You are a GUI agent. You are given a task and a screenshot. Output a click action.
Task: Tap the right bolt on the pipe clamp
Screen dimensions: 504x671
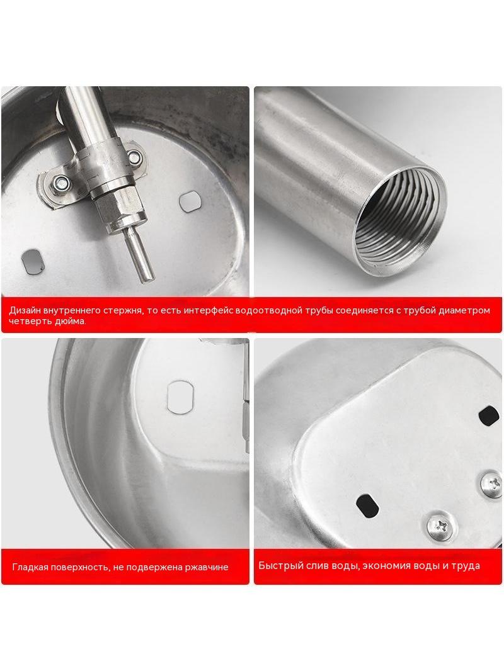pyautogui.click(x=135, y=157)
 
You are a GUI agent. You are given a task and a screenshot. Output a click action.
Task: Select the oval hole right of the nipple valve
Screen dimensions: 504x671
pyautogui.click(x=190, y=201)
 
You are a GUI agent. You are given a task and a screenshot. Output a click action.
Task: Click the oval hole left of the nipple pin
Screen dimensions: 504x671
pyautogui.click(x=33, y=261)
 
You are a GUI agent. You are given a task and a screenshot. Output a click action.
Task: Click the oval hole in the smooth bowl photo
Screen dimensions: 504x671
pyautogui.click(x=180, y=397)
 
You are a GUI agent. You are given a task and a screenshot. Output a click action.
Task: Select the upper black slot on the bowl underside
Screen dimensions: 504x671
pyautogui.click(x=489, y=415)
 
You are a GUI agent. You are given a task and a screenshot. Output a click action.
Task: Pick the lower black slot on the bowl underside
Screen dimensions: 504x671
pyautogui.click(x=367, y=505)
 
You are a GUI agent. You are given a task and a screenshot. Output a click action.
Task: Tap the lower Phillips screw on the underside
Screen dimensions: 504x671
pyautogui.click(x=440, y=524)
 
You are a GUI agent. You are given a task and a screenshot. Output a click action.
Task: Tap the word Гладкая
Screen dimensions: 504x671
pyautogui.click(x=30, y=567)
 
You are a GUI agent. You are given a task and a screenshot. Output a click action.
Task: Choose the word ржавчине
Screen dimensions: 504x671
pyautogui.click(x=207, y=567)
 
